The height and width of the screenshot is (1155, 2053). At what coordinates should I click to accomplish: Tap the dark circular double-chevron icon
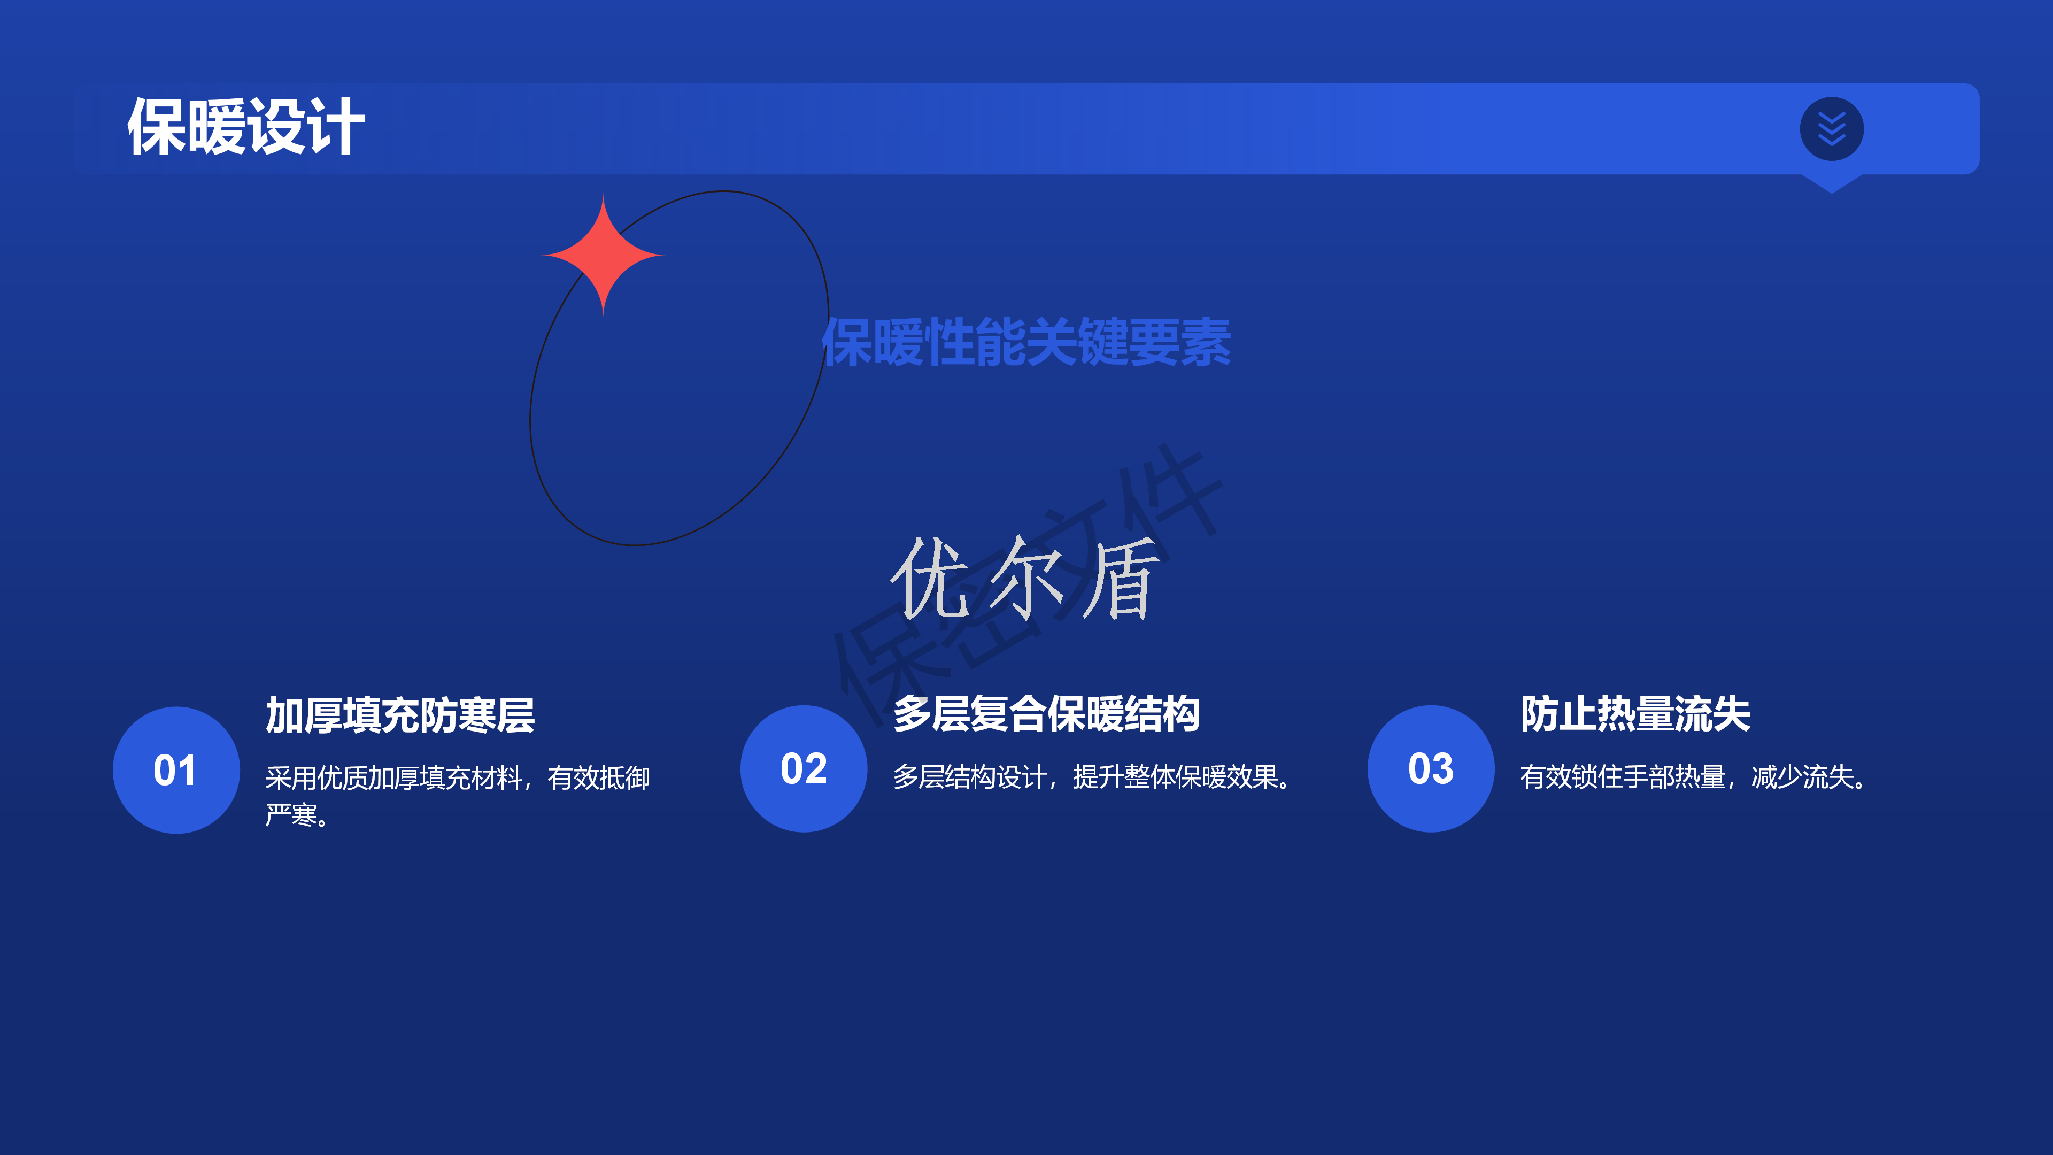(1832, 128)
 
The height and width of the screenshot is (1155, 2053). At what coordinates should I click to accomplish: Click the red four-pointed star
(603, 255)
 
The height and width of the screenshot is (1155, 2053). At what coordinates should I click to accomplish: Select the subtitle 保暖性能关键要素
(1026, 342)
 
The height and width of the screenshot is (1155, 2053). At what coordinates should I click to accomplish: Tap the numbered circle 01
(176, 770)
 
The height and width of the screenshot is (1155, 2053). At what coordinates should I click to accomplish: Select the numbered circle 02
(804, 768)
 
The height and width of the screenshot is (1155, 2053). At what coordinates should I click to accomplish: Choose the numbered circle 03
(1431, 768)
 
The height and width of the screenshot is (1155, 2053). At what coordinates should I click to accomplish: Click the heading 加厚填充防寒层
(400, 714)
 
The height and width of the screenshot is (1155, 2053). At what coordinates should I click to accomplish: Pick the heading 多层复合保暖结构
(1046, 713)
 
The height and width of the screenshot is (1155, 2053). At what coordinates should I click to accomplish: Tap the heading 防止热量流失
(1635, 713)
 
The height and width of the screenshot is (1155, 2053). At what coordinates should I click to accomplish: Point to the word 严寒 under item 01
(291, 814)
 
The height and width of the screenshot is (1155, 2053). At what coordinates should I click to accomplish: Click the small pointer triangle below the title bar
(1832, 183)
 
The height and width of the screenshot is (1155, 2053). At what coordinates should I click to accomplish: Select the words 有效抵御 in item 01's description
(599, 777)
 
